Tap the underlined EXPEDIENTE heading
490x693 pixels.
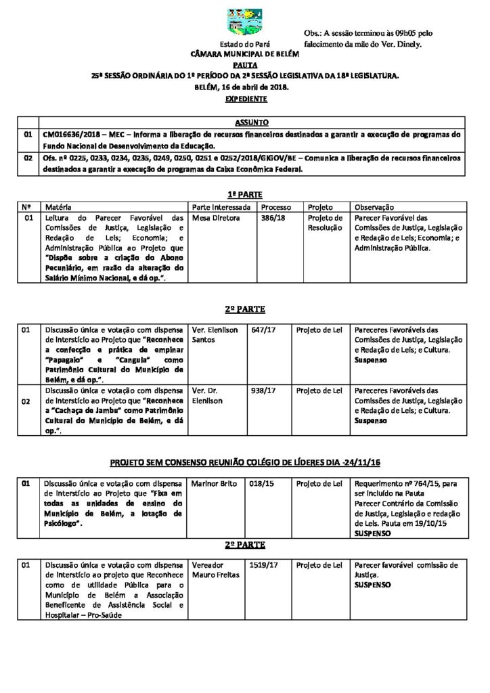[245, 99]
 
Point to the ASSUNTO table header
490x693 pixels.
[251, 123]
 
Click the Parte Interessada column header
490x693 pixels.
[222, 206]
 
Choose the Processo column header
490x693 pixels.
[275, 206]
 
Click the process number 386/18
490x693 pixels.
[273, 219]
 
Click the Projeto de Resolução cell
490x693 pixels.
[326, 223]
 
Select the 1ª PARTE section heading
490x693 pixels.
[244, 194]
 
